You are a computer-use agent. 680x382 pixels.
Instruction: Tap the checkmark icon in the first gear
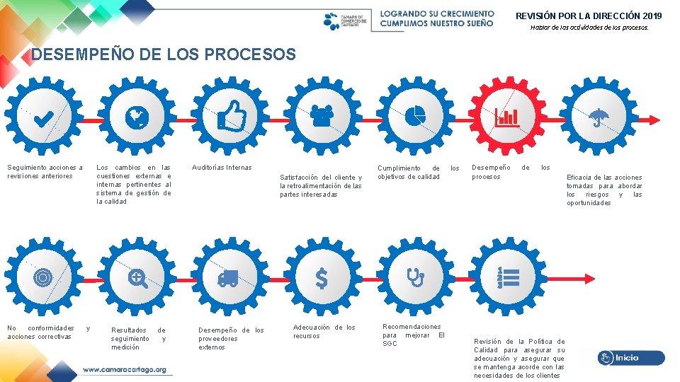point(43,117)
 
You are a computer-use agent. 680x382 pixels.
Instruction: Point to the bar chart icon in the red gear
point(506,117)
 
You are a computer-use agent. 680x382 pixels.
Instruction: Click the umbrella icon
point(599,117)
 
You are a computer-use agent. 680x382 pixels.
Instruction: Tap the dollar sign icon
point(322,279)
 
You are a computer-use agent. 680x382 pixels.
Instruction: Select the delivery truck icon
point(228,278)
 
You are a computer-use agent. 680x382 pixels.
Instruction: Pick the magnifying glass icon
point(137,279)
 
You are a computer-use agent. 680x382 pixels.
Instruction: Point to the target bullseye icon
point(42,278)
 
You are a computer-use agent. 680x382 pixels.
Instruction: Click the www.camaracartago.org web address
point(125,369)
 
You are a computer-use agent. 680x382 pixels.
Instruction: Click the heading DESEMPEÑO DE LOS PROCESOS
point(164,54)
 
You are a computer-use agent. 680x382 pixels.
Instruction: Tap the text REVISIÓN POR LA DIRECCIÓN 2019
point(589,16)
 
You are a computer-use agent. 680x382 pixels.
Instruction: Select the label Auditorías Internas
point(222,168)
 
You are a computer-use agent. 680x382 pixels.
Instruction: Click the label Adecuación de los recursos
point(324,331)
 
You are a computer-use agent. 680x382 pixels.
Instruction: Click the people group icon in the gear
point(322,115)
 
